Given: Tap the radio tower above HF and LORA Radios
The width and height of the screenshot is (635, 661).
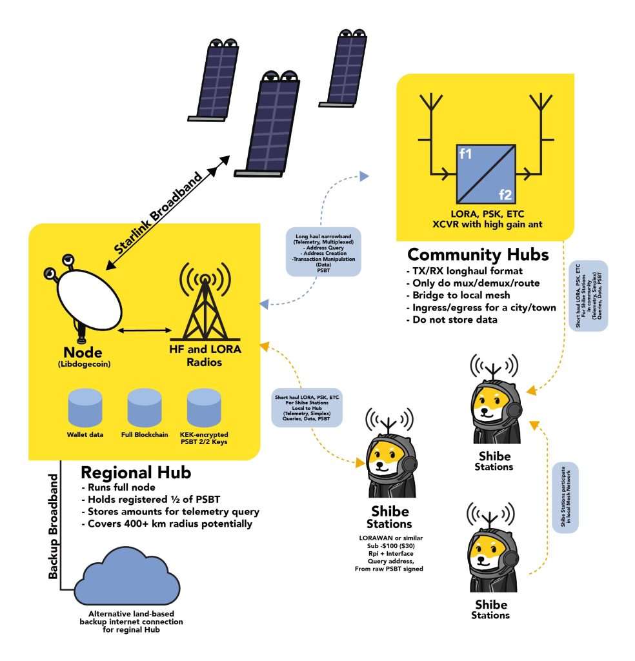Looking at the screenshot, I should point(205,303).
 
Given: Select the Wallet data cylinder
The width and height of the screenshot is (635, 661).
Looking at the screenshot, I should point(85,407).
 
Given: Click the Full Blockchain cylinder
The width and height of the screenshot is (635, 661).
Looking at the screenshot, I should point(145,407).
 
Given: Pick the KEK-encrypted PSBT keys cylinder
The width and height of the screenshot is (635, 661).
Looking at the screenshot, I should point(204,407).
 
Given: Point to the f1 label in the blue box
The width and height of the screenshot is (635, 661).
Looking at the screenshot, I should point(466,154).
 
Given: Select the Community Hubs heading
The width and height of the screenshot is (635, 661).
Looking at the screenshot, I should point(478,254).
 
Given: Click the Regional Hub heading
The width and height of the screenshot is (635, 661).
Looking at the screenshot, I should point(136,473).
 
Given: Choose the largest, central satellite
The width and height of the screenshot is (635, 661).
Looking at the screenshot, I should point(267,122).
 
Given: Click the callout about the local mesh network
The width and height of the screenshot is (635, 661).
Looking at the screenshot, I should point(565,497).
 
